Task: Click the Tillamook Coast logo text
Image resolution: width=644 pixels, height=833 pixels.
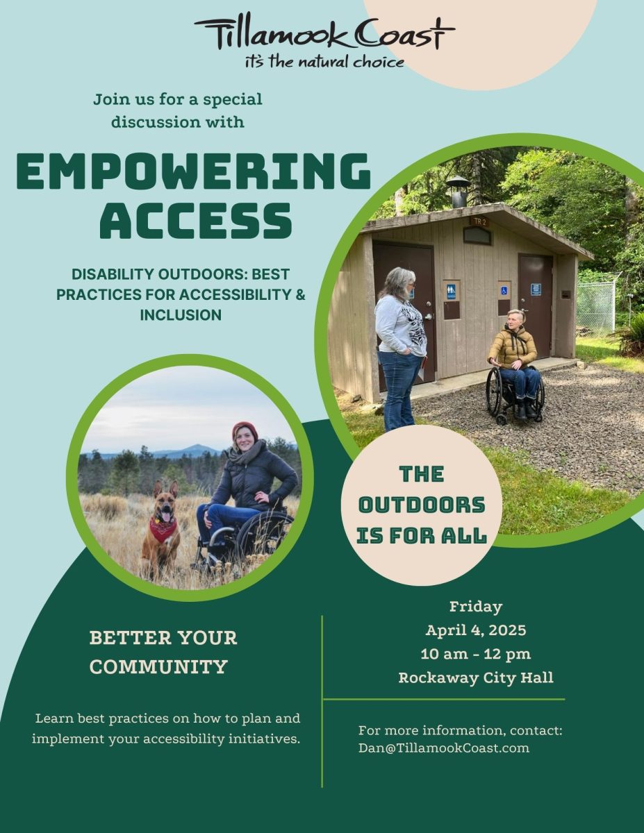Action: click(324, 33)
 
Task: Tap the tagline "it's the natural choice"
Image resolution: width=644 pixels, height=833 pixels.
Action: click(324, 62)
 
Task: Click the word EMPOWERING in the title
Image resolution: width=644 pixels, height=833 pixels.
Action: click(193, 171)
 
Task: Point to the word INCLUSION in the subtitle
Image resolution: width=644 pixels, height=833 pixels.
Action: click(181, 314)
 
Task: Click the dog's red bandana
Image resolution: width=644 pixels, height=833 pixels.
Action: click(163, 529)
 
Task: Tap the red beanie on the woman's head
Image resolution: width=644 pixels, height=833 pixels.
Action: click(244, 429)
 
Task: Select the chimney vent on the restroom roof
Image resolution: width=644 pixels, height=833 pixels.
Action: click(457, 190)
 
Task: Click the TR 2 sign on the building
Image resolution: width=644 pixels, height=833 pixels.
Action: click(479, 221)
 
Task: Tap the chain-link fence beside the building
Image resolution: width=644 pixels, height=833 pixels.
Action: click(595, 306)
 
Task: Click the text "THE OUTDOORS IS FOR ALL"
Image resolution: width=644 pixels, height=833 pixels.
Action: click(422, 505)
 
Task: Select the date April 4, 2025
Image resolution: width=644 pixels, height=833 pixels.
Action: click(475, 631)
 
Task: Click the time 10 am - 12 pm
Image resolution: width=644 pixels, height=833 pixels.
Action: click(475, 654)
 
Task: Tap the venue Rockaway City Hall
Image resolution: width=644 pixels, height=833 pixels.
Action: click(475, 678)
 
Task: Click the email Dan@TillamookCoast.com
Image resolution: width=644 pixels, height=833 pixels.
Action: click(443, 748)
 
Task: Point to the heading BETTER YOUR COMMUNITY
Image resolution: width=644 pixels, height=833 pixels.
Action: click(163, 652)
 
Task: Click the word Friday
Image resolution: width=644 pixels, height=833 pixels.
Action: click(475, 607)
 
